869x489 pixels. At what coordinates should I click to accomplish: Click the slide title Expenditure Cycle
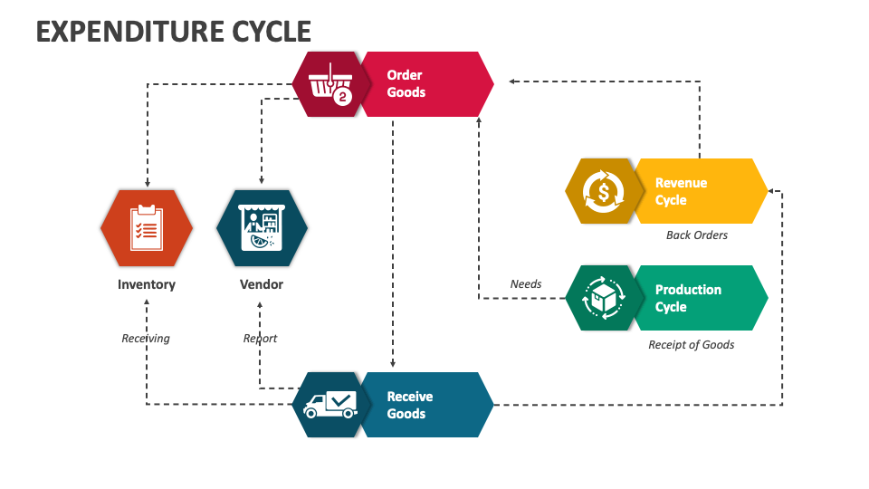click(174, 32)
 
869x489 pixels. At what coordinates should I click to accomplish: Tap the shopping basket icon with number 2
click(331, 84)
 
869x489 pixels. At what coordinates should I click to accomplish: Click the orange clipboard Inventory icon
click(146, 227)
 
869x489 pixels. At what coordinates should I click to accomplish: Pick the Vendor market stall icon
click(262, 227)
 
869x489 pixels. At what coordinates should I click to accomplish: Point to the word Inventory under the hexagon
click(146, 284)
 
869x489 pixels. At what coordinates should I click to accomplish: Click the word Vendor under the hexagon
click(262, 284)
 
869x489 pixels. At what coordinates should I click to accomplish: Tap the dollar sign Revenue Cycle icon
click(603, 191)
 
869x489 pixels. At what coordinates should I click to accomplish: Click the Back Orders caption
click(696, 235)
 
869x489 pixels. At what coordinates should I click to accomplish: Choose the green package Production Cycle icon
click(603, 298)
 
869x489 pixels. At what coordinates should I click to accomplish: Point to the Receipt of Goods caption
click(692, 345)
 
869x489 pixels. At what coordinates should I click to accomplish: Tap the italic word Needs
click(526, 284)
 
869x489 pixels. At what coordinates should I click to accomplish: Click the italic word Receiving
click(146, 339)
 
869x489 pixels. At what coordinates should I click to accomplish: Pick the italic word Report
click(261, 339)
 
